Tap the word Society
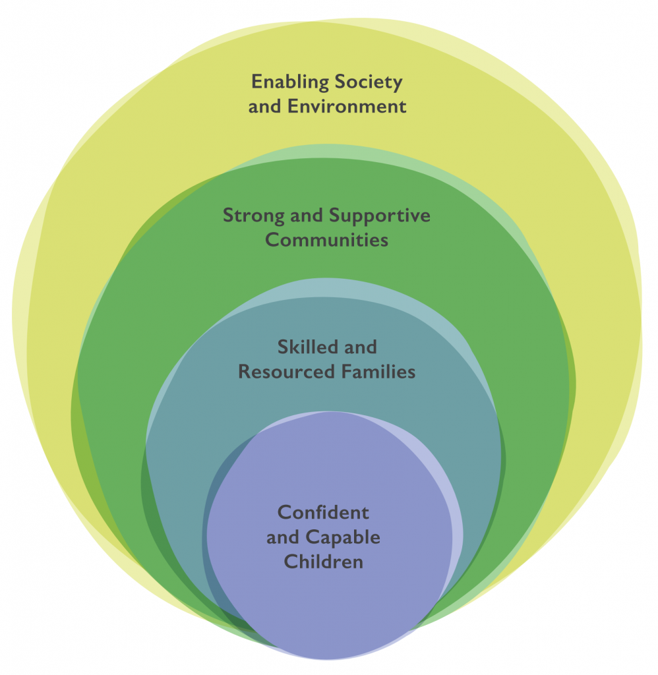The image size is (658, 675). coord(372,82)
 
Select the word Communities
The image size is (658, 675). coord(326,239)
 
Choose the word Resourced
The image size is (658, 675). coord(287,372)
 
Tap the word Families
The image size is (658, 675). coord(378,372)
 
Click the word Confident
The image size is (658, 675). coord(323,513)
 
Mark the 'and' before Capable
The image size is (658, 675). coord(282,537)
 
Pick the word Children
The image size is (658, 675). coord(323,562)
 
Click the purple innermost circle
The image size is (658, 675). coord(330,606)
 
